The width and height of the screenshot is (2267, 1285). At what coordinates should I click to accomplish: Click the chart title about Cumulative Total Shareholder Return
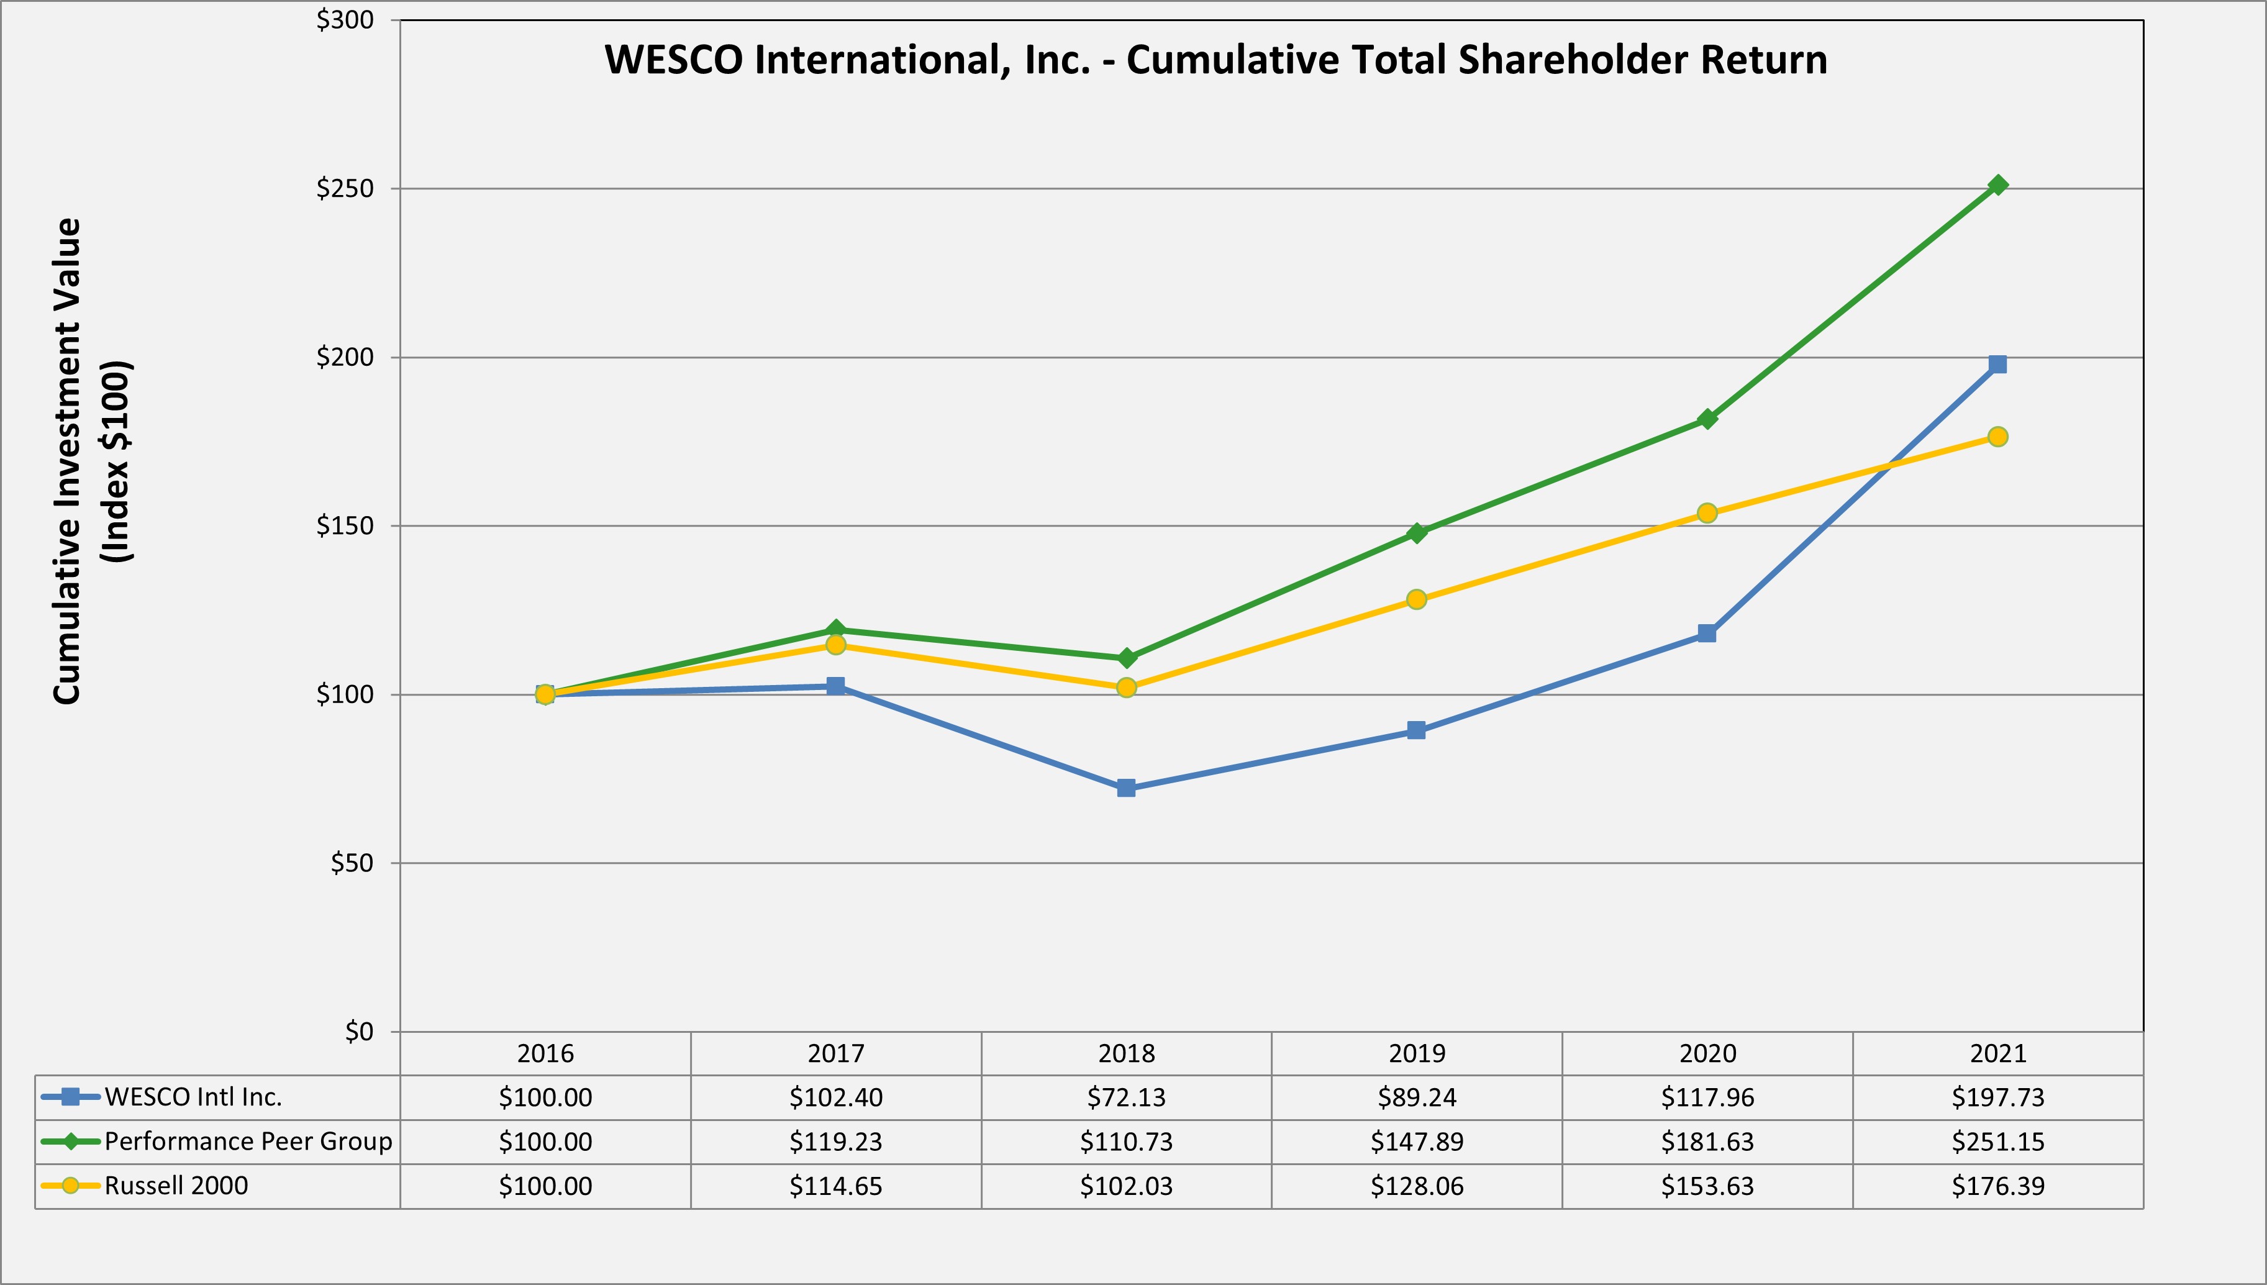(x=1215, y=60)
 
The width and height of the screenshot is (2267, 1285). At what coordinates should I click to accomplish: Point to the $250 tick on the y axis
(x=345, y=189)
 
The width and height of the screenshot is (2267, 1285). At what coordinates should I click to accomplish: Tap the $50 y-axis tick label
(x=352, y=863)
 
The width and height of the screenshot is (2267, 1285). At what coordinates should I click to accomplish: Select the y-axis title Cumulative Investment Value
(x=68, y=461)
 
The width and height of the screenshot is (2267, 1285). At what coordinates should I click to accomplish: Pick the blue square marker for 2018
(x=1126, y=788)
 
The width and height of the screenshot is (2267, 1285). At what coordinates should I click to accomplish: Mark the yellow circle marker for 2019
(x=1416, y=600)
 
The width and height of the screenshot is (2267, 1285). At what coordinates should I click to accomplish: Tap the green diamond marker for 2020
(x=1707, y=419)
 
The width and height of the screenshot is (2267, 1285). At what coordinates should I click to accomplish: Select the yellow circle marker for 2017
(x=835, y=645)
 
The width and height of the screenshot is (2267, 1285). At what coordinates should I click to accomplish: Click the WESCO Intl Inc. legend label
(x=193, y=1097)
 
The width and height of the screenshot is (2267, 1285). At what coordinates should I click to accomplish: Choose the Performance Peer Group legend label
(x=248, y=1141)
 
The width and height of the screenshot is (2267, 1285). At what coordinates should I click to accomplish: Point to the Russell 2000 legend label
(x=176, y=1185)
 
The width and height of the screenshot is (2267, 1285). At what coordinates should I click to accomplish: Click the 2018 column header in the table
(x=1126, y=1053)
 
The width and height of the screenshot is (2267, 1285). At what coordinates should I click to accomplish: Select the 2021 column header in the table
(x=1998, y=1053)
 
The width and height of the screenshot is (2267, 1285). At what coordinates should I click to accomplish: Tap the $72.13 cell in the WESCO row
(x=1126, y=1097)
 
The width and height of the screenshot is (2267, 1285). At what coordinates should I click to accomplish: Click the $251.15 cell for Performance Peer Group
(x=1998, y=1141)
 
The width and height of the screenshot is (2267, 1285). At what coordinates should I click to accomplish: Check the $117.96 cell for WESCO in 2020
(x=1707, y=1097)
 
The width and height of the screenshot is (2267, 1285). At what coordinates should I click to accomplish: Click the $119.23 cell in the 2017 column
(x=835, y=1141)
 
